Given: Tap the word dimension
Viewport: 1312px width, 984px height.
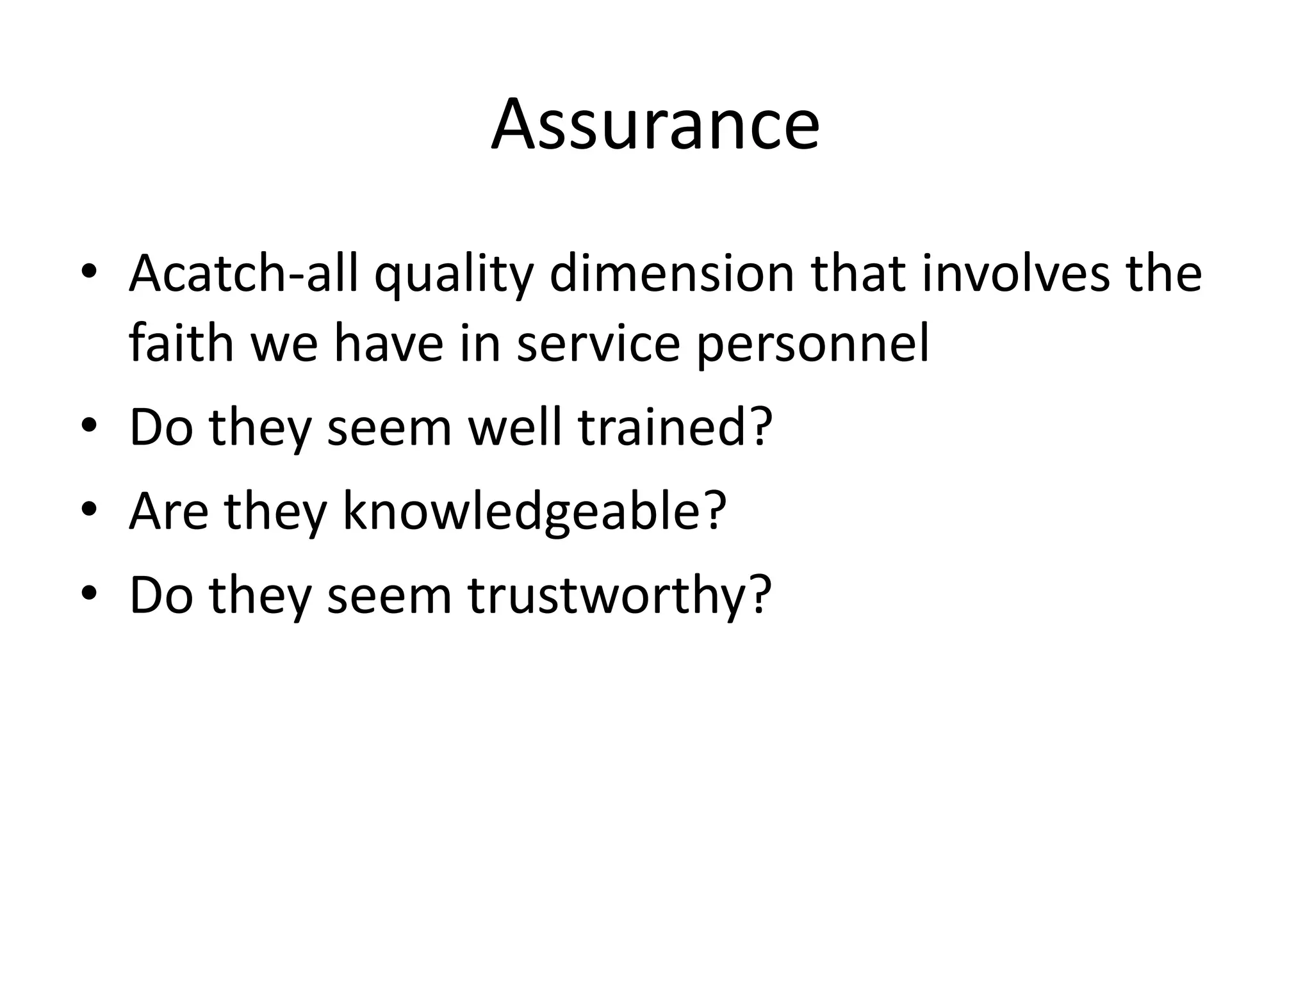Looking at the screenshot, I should coord(671,274).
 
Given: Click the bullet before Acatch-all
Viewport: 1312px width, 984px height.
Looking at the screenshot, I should coord(89,274).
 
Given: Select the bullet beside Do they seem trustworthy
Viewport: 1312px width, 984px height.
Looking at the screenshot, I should coord(89,596).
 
